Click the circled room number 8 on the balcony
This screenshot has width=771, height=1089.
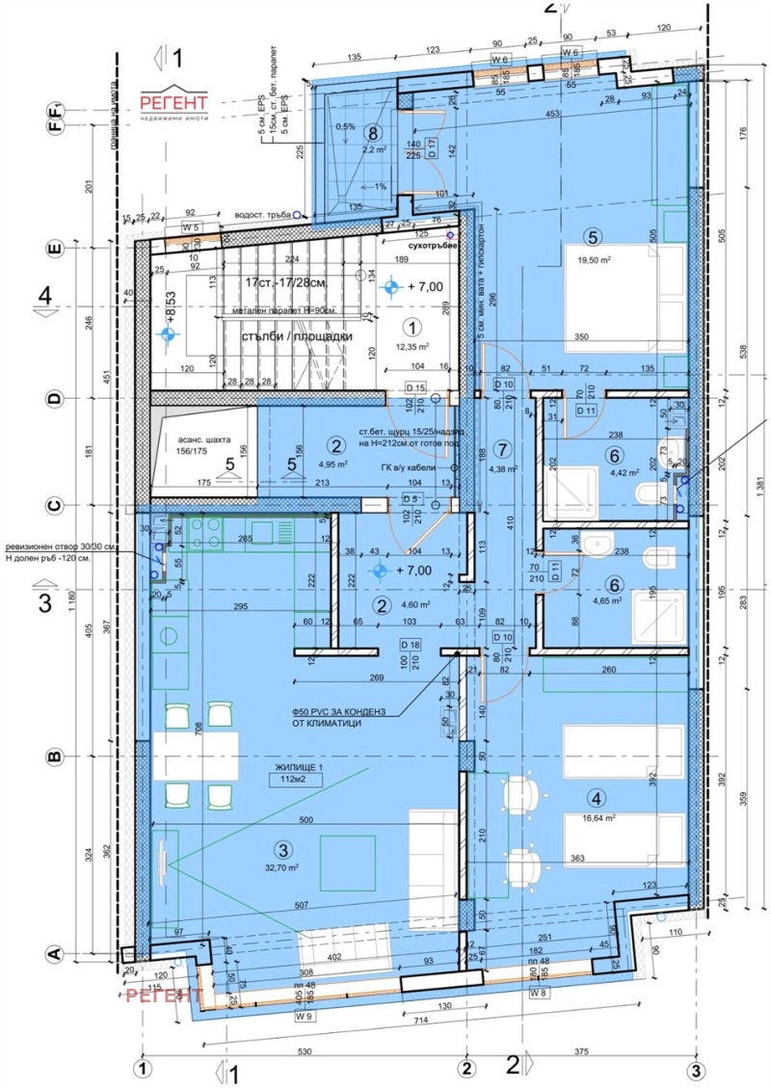pos(372,133)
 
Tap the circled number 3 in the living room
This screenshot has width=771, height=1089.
pos(281,849)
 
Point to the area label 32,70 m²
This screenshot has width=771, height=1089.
pos(280,867)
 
